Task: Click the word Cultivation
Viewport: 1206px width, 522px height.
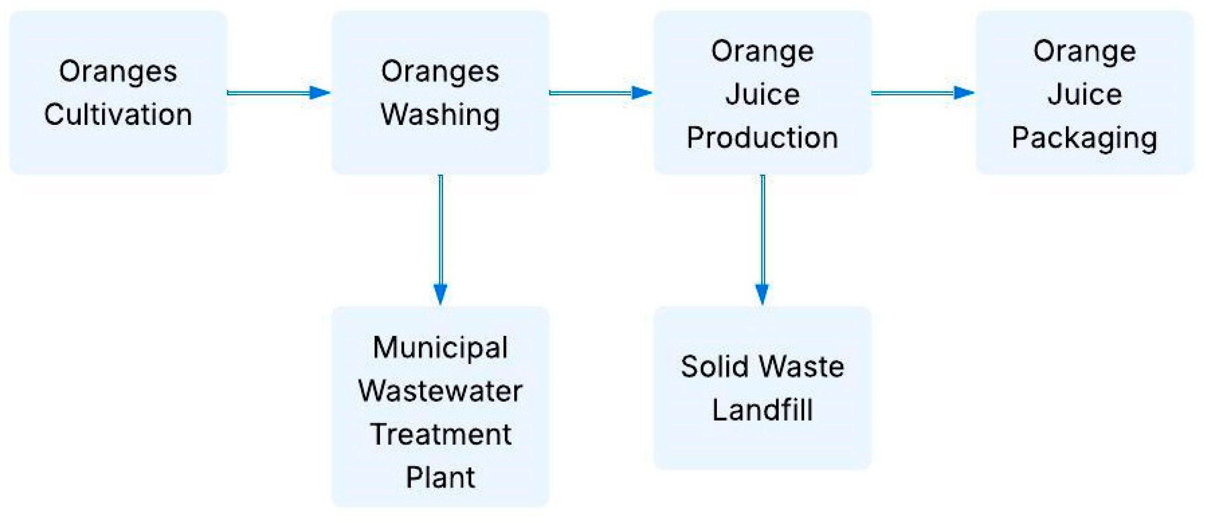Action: [118, 115]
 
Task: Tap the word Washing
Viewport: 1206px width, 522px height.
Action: [440, 115]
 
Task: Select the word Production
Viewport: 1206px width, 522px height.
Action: [762, 138]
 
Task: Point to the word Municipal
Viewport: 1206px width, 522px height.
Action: [440, 348]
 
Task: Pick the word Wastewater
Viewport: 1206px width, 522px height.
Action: [440, 391]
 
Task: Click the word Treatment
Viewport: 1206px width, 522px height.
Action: [440, 434]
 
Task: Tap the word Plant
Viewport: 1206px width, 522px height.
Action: [440, 477]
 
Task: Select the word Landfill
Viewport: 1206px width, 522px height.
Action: [762, 410]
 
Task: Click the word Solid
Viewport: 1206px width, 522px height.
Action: [714, 367]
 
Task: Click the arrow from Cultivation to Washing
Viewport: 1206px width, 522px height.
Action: [278, 93]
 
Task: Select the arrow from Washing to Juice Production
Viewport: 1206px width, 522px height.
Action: [601, 93]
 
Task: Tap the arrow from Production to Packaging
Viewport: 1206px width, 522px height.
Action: [922, 93]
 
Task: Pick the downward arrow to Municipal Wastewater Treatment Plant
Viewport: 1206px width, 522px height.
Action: [440, 239]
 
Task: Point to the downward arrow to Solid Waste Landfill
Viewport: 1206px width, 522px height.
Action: [762, 239]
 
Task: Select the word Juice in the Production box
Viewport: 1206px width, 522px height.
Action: [762, 95]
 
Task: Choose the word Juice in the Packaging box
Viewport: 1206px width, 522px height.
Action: [1084, 95]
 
